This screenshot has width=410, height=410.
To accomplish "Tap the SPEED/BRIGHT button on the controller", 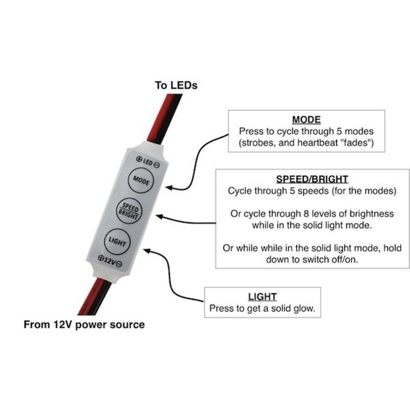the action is click(129, 211).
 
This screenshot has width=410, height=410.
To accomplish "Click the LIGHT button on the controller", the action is click(117, 241).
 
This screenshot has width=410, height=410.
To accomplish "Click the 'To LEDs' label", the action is click(176, 86).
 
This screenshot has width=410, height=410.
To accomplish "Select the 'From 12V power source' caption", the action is click(84, 324).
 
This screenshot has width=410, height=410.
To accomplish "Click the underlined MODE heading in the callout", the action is click(306, 120).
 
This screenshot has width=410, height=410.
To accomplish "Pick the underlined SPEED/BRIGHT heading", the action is click(312, 179).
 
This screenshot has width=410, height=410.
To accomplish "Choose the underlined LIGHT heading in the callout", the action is click(262, 297).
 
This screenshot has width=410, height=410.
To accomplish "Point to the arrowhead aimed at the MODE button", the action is click(169, 188).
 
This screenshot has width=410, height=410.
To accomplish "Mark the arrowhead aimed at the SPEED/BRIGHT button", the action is click(159, 216).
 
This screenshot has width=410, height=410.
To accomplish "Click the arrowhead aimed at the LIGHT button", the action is click(147, 251).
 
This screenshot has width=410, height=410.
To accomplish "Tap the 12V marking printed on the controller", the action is click(110, 260).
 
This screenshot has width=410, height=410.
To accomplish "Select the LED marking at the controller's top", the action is click(148, 162).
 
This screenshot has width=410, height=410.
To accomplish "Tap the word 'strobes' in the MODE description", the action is click(258, 143).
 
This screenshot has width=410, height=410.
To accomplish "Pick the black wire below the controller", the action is click(99, 298).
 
